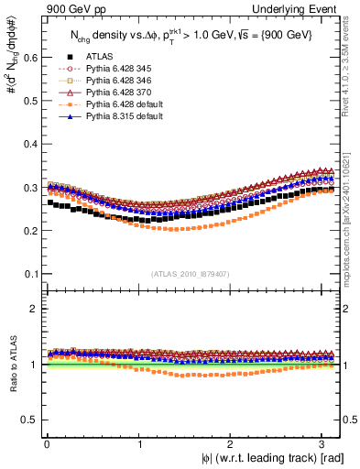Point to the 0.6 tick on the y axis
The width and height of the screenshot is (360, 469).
tap(30, 57)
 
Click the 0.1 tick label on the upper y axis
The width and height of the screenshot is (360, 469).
tap(30, 274)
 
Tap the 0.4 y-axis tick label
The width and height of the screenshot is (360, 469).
tap(30, 144)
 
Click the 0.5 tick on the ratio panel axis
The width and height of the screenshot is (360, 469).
tap(30, 420)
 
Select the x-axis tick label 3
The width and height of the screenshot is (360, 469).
tap(325, 443)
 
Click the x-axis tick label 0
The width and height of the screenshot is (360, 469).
tap(46, 443)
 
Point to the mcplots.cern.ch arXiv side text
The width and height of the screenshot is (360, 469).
tap(353, 211)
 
